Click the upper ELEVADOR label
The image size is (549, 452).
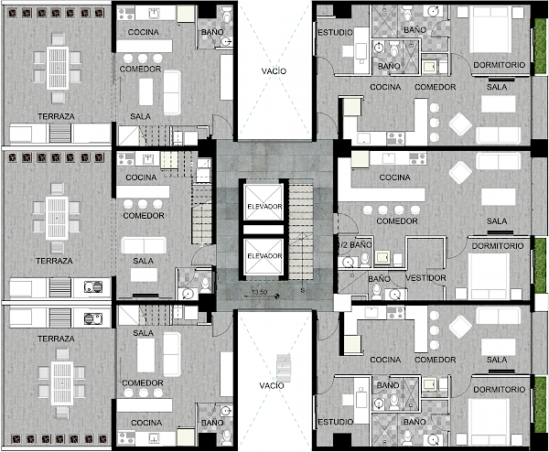(264, 207)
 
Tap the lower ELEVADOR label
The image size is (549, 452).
(264, 256)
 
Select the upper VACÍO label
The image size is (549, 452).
(274, 71)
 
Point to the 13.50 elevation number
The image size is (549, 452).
(259, 292)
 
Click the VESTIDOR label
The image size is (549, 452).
(425, 278)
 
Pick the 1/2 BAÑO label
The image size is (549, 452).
(354, 244)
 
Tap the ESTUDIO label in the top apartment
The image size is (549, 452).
(335, 33)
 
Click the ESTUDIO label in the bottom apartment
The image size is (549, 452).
(335, 422)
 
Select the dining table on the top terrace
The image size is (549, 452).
(58, 68)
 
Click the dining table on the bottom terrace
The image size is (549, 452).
(62, 383)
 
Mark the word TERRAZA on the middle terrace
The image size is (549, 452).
(54, 261)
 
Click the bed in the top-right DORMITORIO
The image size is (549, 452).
(490, 29)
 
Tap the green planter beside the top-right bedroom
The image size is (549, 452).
(540, 47)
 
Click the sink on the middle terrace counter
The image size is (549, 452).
(93, 287)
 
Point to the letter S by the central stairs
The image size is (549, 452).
(303, 290)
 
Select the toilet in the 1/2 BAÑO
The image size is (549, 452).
(365, 260)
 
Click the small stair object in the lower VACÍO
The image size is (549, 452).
(284, 368)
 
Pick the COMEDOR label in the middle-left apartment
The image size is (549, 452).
(144, 216)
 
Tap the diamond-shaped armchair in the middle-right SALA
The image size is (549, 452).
(460, 173)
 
